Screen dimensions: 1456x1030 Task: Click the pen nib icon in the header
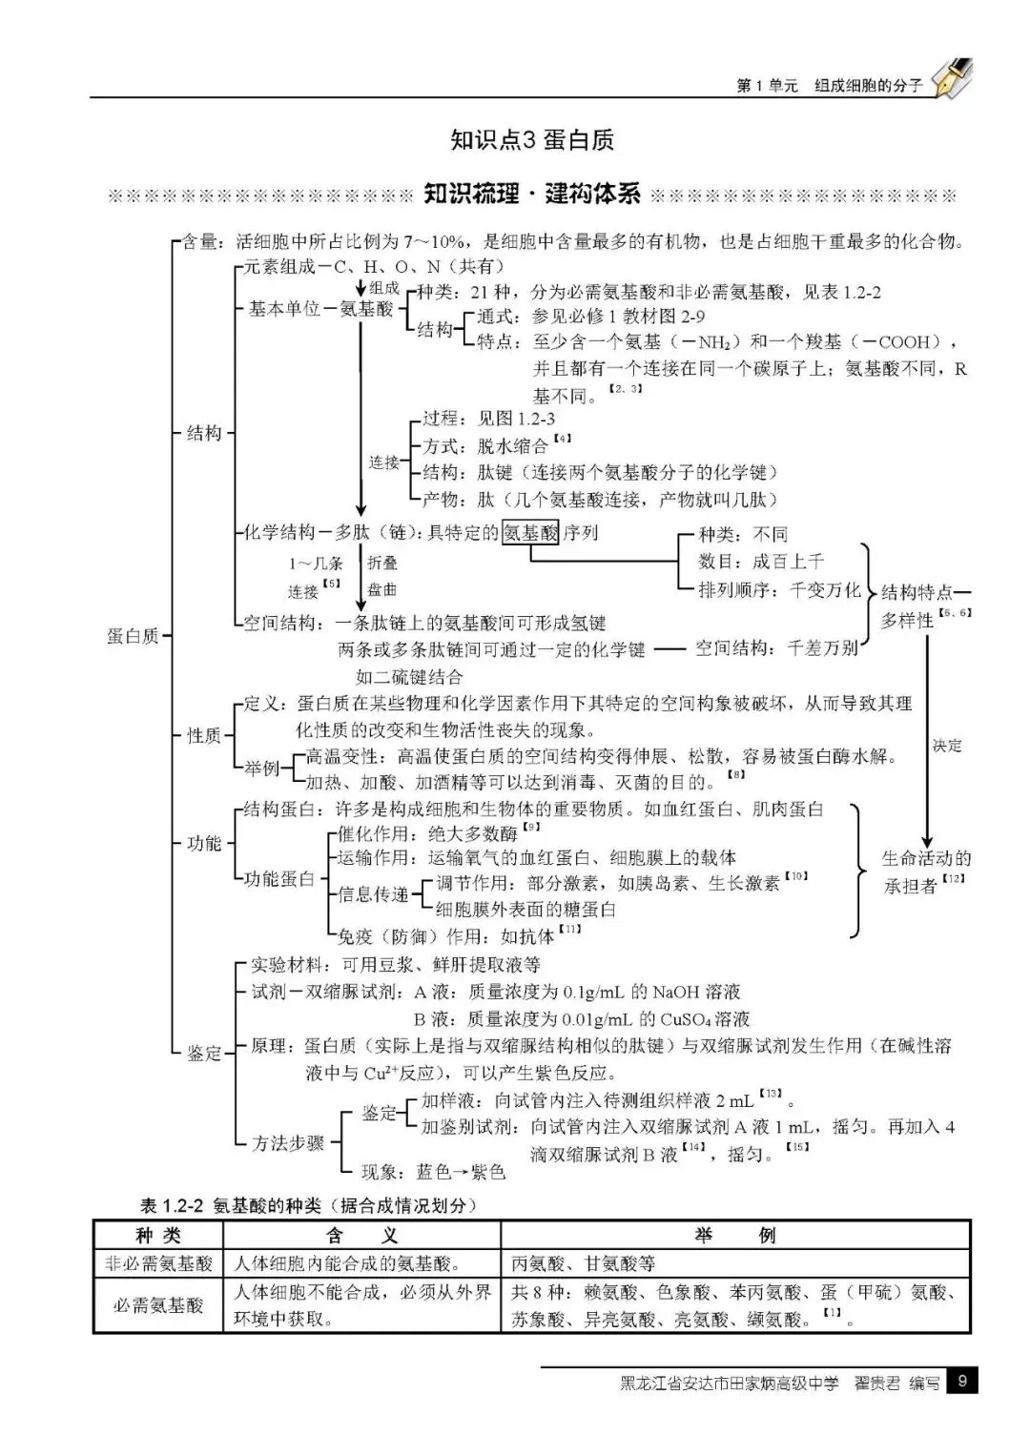pyautogui.click(x=952, y=77)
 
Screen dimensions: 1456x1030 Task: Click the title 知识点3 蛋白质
pyautogui.click(x=532, y=140)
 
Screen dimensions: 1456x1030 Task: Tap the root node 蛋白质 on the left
pyautogui.click(x=133, y=636)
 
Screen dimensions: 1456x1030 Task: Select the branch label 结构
pyautogui.click(x=204, y=433)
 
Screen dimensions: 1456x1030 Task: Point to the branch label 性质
pyautogui.click(x=204, y=735)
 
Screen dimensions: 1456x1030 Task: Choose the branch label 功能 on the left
pyautogui.click(x=204, y=843)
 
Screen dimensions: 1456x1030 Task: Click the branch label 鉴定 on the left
pyautogui.click(x=204, y=1053)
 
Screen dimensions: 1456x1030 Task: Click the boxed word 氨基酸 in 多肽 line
pyautogui.click(x=530, y=533)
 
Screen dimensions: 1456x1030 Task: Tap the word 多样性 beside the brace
pyautogui.click(x=907, y=621)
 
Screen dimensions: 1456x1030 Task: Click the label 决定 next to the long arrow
pyautogui.click(x=947, y=746)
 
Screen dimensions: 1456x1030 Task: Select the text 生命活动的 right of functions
pyautogui.click(x=926, y=858)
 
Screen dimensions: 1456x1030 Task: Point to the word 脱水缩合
pyautogui.click(x=513, y=445)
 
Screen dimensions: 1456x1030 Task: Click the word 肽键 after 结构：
pyautogui.click(x=495, y=472)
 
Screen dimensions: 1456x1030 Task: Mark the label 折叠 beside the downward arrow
pyautogui.click(x=382, y=564)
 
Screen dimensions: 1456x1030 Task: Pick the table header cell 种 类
pyautogui.click(x=158, y=1235)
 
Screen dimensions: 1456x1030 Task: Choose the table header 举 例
pyautogui.click(x=735, y=1235)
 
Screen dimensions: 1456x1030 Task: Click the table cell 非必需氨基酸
pyautogui.click(x=158, y=1263)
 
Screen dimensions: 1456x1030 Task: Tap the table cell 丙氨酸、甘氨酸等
pyautogui.click(x=583, y=1263)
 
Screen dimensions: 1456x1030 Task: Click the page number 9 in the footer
pyautogui.click(x=962, y=1381)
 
